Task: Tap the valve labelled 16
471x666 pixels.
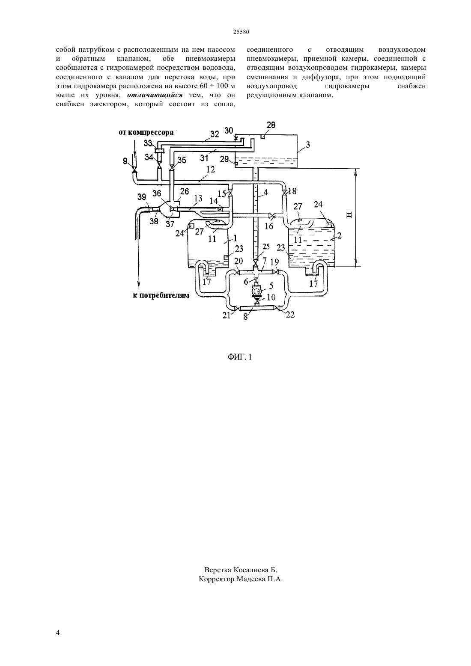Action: click(x=271, y=216)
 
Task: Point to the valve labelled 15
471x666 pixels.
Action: click(x=230, y=193)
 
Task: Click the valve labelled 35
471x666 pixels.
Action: click(x=172, y=168)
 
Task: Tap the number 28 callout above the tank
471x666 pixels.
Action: click(x=271, y=125)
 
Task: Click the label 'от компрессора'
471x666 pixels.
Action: click(x=146, y=132)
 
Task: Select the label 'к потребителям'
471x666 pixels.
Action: click(x=161, y=296)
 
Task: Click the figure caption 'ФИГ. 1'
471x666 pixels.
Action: click(x=240, y=357)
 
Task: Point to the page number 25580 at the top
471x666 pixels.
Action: click(x=241, y=32)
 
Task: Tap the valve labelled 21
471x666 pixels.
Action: click(x=236, y=309)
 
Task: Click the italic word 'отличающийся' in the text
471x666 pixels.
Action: click(x=155, y=95)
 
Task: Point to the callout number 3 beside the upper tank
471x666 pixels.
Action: click(x=308, y=145)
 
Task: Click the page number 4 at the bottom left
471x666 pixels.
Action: click(x=58, y=633)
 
